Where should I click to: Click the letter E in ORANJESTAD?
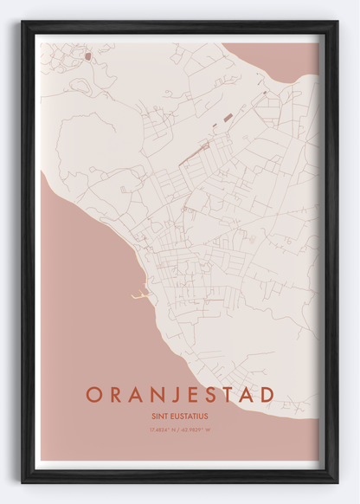194,395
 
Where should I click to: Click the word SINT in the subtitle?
159,416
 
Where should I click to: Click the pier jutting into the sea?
139,297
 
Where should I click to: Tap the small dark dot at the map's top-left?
87,56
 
